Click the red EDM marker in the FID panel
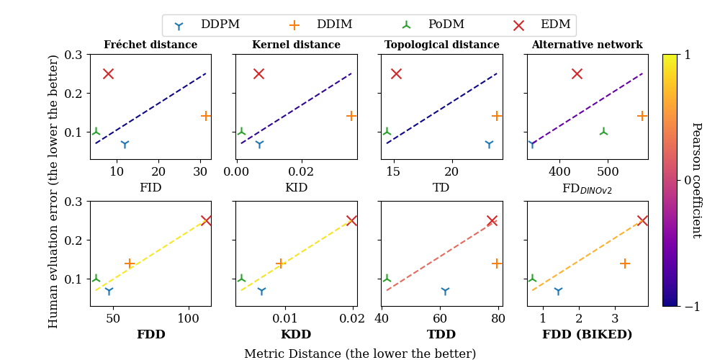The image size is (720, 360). [108, 73]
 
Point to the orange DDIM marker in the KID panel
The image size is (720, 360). [351, 116]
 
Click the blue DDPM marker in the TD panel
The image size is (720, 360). [489, 144]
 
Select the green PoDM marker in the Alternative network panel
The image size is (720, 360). [603, 132]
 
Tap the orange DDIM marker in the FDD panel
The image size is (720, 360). [130, 264]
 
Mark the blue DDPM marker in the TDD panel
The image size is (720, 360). [445, 291]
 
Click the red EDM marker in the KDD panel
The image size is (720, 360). [351, 221]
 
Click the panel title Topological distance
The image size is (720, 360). [441, 45]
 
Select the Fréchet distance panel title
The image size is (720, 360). [150, 45]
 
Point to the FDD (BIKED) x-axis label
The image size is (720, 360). [587, 335]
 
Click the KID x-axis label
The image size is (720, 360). [296, 188]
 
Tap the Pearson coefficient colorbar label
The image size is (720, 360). [696, 180]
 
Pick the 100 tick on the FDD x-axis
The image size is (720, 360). [188, 318]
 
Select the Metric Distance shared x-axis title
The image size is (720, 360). [360, 354]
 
